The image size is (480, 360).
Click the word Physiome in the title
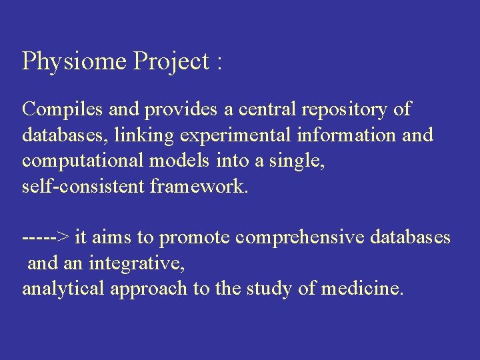click(75, 62)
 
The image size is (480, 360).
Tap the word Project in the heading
click(171, 62)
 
